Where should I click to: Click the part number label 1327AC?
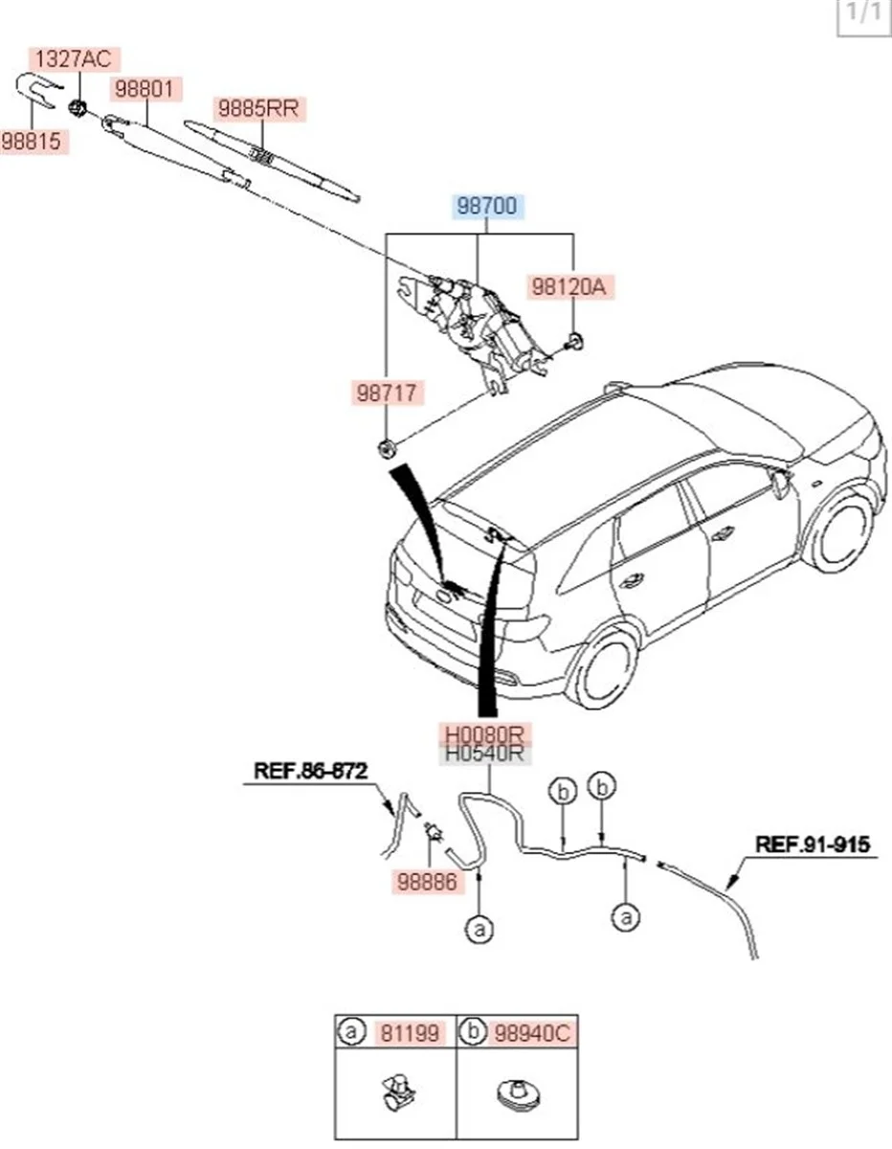tap(70, 59)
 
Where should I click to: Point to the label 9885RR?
tap(257, 108)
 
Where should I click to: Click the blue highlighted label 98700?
tap(488, 206)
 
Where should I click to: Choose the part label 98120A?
tap(571, 285)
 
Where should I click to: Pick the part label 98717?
tap(387, 391)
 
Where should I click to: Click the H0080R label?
tap(484, 733)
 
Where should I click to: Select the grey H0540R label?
tap(484, 754)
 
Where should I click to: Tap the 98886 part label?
tap(428, 882)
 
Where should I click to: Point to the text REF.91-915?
tap(813, 845)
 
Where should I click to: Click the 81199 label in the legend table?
tap(409, 1033)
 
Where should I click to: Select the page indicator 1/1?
tap(858, 16)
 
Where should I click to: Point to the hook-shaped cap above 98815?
tap(35, 92)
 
